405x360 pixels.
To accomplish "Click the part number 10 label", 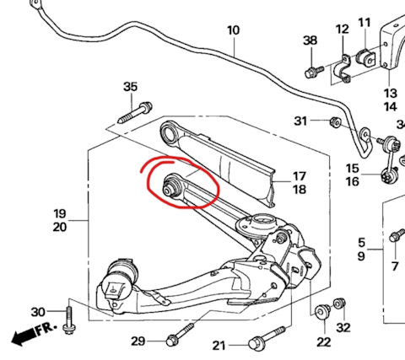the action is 234,30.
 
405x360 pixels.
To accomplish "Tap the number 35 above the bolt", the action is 131,87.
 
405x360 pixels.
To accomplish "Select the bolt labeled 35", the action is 135,113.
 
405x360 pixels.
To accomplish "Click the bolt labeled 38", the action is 314,72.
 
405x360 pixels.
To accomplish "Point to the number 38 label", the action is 310,40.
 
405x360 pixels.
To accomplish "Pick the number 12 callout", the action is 343,29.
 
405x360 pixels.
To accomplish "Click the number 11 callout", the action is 364,23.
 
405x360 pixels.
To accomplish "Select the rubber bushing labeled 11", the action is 365,57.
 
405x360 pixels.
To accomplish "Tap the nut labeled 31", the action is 335,122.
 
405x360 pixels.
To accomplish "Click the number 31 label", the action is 300,121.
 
